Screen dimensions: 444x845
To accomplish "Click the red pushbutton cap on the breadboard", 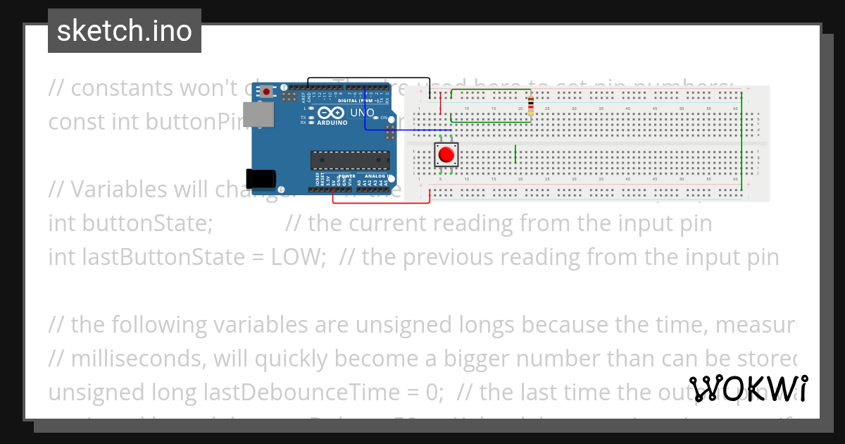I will point(446,154).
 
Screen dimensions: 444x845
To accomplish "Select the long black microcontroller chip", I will point(350,161).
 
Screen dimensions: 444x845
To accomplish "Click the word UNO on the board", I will point(362,113).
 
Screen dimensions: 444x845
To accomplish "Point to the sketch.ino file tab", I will point(125,31).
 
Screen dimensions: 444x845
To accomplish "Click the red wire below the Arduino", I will point(380,202).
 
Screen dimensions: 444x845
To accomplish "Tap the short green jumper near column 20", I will point(516,153).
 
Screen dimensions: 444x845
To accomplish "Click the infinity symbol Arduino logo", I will point(331,113).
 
